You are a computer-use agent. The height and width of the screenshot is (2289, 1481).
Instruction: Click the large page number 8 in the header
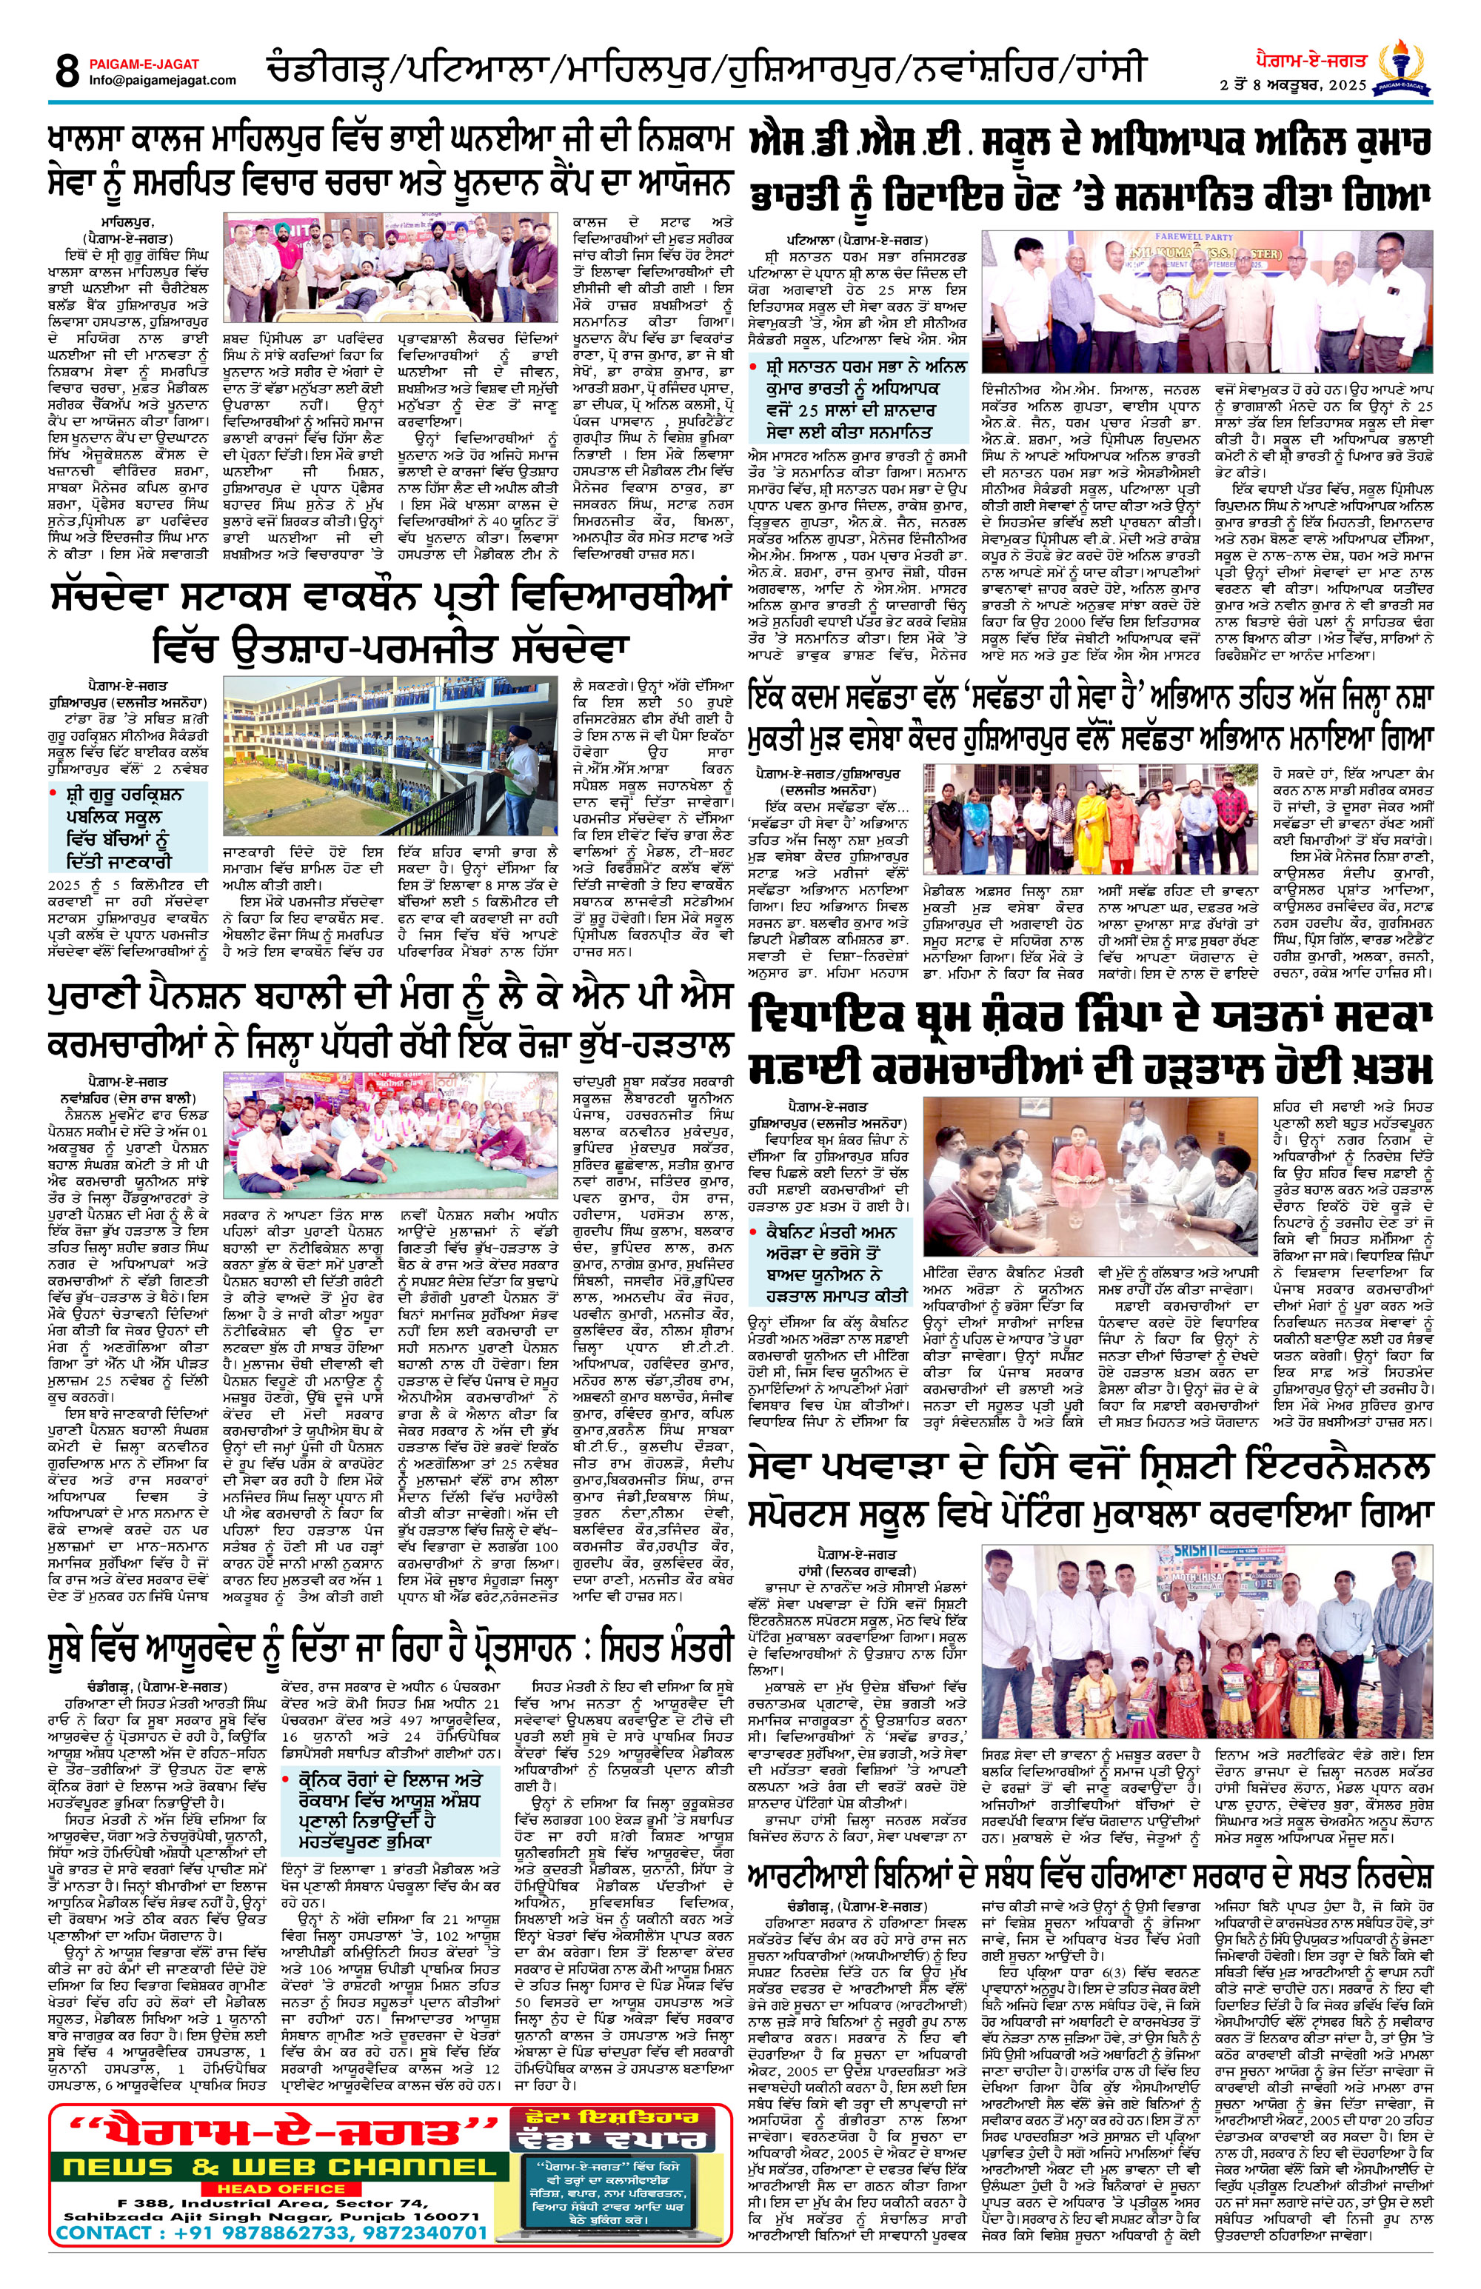click(x=67, y=70)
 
